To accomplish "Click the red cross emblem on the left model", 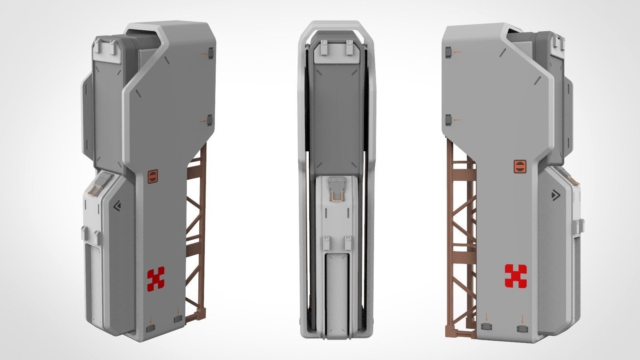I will tap(156, 279).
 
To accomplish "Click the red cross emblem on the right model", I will tap(516, 276).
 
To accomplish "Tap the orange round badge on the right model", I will tap(518, 167).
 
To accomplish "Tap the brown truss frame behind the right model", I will tap(460, 224).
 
